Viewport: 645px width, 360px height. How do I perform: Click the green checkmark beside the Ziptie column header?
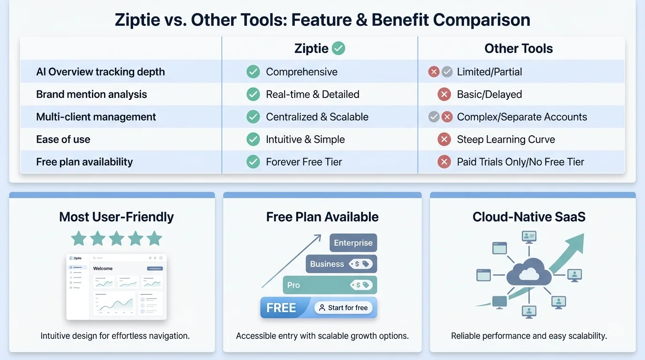click(338, 48)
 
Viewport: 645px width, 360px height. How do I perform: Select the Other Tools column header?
click(518, 48)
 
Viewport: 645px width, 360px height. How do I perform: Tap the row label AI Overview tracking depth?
click(100, 72)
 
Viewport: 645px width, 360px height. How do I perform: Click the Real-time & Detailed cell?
click(312, 94)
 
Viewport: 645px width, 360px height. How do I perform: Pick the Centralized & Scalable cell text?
click(317, 117)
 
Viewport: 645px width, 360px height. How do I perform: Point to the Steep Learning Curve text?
click(506, 139)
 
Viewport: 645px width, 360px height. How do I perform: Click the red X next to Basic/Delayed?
click(444, 94)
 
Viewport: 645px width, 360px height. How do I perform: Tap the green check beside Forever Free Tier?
click(253, 162)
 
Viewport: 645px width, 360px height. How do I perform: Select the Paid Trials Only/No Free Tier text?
click(520, 162)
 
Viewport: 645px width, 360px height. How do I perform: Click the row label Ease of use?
click(63, 139)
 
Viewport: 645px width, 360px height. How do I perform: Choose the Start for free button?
click(343, 307)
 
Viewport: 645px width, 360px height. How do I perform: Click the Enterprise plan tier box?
click(353, 243)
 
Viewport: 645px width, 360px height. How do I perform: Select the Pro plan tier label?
click(293, 285)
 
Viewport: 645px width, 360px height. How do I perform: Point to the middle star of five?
click(117, 239)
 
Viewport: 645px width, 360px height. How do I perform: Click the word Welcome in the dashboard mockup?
click(103, 269)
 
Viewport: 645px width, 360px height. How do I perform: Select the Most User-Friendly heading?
click(116, 217)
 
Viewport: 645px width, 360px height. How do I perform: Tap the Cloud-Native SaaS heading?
click(529, 217)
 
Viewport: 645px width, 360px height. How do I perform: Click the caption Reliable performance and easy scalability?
click(529, 336)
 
